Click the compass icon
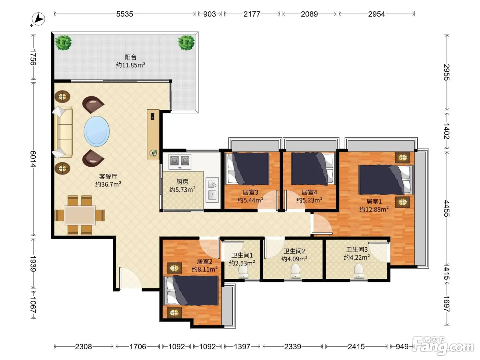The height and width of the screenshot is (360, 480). [x=38, y=19]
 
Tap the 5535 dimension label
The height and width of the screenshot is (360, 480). [x=124, y=14]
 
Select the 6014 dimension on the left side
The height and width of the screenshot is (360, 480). [x=33, y=159]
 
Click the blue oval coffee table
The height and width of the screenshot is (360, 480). [x=97, y=131]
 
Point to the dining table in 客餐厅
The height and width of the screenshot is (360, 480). [x=80, y=215]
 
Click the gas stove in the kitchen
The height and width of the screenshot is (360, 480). [x=180, y=162]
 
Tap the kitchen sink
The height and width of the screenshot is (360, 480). [x=212, y=190]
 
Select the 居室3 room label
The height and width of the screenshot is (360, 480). [x=250, y=192]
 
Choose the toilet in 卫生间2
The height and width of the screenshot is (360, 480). [x=295, y=271]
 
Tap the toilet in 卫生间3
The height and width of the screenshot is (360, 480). [x=359, y=271]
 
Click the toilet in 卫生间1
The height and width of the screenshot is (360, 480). [x=243, y=272]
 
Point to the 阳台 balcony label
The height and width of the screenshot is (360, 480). [x=131, y=57]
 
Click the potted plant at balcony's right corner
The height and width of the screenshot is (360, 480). [x=186, y=43]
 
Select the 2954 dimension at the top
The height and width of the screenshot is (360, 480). [x=376, y=14]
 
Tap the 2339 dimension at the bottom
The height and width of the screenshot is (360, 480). [x=292, y=346]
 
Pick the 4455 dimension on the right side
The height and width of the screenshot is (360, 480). [x=446, y=208]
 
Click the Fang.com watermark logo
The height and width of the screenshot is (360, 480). [x=443, y=346]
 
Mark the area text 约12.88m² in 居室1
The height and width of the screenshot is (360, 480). [x=374, y=209]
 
